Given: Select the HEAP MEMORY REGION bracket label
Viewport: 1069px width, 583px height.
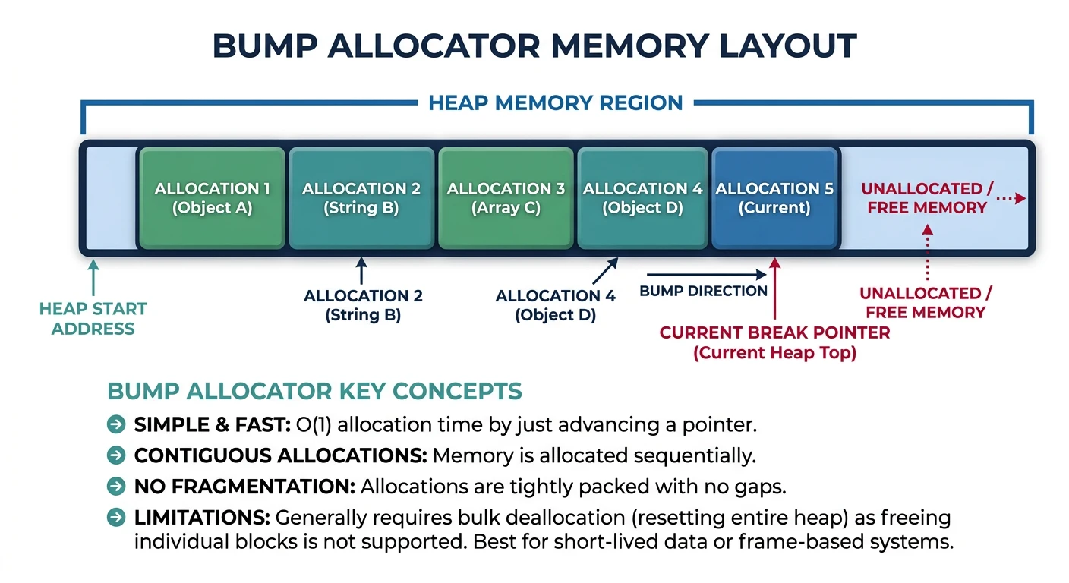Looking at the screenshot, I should (555, 102).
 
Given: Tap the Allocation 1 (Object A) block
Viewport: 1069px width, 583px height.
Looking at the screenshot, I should (212, 198).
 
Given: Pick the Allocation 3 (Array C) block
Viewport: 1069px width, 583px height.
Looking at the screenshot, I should (506, 198).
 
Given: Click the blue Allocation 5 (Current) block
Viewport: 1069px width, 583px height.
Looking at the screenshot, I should (774, 198).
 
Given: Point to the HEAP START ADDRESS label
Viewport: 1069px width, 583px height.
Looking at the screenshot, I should (93, 319).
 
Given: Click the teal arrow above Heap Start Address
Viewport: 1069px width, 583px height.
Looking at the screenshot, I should (93, 277).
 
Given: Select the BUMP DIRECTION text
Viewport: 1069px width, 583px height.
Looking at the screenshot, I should (703, 291).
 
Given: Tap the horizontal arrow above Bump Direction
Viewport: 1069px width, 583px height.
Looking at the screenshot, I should (706, 274).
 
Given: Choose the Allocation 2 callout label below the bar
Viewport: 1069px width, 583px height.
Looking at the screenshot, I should (362, 305).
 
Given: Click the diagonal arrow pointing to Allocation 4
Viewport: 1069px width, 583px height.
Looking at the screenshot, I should (604, 271).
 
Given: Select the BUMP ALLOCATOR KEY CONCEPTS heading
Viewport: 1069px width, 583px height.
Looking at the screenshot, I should (314, 392).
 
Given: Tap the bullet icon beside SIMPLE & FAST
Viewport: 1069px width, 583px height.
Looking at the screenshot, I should (116, 425).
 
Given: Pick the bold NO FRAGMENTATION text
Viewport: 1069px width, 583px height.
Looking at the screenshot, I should (244, 487).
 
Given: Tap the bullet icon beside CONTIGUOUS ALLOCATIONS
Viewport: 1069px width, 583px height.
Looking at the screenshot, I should (116, 455).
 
